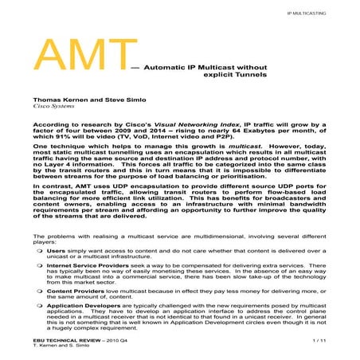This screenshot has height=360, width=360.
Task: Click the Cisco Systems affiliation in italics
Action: click(x=52, y=104)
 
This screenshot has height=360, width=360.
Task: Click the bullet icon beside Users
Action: click(x=40, y=248)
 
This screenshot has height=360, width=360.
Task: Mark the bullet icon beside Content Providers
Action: click(x=40, y=292)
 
